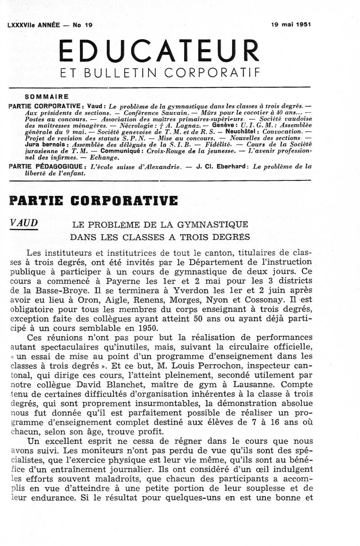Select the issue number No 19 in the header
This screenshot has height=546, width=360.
click(82, 26)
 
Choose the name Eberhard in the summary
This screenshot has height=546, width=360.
click(229, 167)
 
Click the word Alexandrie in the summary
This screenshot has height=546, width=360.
click(158, 167)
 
